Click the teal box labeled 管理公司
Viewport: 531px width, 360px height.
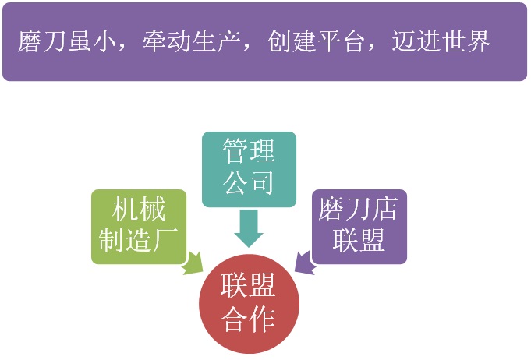point(249,169)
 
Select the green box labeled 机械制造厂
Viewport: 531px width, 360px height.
point(139,226)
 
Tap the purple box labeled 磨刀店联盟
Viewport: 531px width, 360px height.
point(359,226)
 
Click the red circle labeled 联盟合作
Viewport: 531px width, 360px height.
point(249,303)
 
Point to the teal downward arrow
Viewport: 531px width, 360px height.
point(249,228)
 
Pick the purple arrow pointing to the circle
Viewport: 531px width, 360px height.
point(306,263)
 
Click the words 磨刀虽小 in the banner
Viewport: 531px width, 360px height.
point(67,41)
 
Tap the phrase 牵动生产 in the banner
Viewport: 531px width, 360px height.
point(191,41)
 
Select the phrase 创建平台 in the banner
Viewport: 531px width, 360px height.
point(316,41)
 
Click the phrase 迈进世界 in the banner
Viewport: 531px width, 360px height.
point(441,41)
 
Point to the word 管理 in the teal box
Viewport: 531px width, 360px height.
point(249,151)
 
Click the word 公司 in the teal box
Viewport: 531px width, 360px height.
point(249,182)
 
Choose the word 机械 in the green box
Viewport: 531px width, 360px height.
point(139,209)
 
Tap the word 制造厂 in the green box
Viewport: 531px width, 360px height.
point(139,240)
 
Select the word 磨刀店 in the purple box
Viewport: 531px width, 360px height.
point(358,209)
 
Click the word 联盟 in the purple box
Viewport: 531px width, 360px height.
point(359,240)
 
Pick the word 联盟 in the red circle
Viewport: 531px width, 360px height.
point(247,285)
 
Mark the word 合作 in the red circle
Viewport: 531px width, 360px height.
point(247,319)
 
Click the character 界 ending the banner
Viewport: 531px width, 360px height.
point(478,41)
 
